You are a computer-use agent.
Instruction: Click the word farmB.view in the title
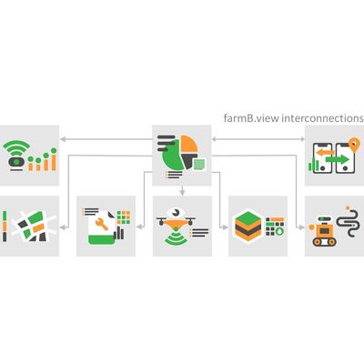coord(251,117)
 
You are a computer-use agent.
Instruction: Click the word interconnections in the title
coord(323,117)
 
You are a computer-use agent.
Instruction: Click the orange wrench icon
coord(101,224)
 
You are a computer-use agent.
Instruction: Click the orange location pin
coord(353,145)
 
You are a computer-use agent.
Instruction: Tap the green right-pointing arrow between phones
coord(338,159)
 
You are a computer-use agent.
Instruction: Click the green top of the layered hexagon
coord(248,217)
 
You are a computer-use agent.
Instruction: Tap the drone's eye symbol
coord(176,213)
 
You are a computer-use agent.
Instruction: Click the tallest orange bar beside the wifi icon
coord(54,163)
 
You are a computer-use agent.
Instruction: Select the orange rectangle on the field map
coord(38,227)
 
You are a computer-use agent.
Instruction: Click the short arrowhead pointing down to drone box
coord(182,192)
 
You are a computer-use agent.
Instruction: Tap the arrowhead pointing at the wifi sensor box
coord(63,139)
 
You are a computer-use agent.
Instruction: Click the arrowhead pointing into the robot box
coord(301,227)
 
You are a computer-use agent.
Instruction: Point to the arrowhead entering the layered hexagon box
coord(225,227)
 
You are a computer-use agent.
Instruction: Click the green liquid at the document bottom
coord(102,240)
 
